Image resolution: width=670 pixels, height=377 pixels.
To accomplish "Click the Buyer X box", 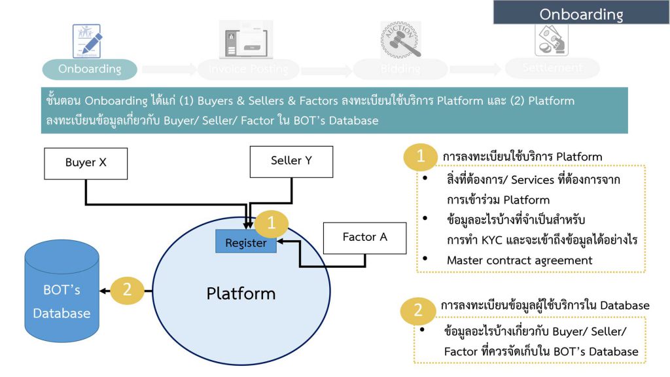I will coord(86,163).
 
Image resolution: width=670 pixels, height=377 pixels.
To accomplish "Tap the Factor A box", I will coord(364,238).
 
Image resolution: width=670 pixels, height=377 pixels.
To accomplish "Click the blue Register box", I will coord(246,243).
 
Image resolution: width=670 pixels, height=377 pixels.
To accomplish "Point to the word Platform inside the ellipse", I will coord(241,293).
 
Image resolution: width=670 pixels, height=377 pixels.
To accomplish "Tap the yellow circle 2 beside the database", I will coord(128,290).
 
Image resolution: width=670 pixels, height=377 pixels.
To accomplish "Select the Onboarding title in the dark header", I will coord(581,14).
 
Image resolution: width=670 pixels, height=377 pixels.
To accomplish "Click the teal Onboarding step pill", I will coord(90,69).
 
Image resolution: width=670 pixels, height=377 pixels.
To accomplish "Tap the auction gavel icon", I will coord(400,39).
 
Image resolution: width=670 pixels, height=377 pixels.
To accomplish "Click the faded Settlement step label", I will coord(553,67).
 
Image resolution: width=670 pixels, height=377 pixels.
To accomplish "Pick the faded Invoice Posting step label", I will coord(248,69).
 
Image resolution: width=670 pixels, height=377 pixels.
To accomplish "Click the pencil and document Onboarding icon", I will coord(86,41).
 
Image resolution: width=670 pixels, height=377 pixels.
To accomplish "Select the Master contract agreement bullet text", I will coord(519,260).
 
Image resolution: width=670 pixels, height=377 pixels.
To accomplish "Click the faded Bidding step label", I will coord(400,69).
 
